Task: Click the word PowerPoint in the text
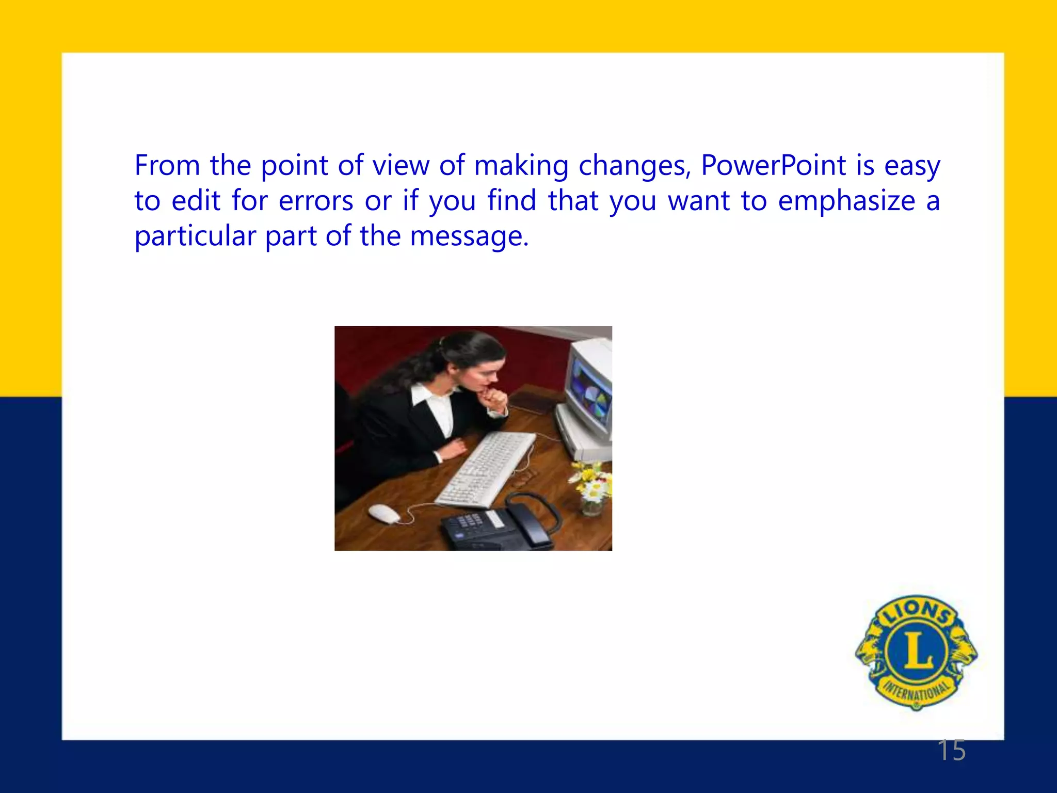pos(773,166)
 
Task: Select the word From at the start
pos(167,166)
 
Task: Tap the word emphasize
pos(846,201)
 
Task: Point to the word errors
pos(316,201)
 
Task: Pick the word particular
pos(195,236)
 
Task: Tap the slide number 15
pos(951,750)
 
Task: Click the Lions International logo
pos(916,652)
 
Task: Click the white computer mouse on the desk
pos(384,513)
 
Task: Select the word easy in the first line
pos(912,166)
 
